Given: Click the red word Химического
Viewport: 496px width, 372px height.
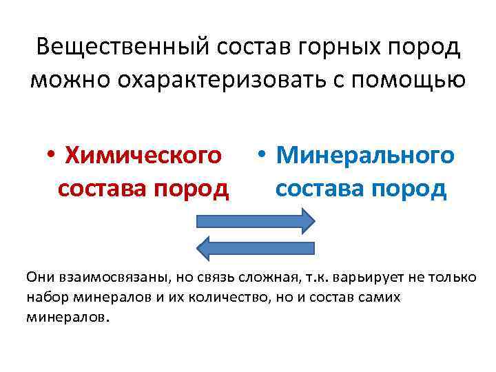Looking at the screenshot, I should click(144, 156).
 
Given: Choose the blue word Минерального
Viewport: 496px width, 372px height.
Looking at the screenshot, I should click(365, 156).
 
